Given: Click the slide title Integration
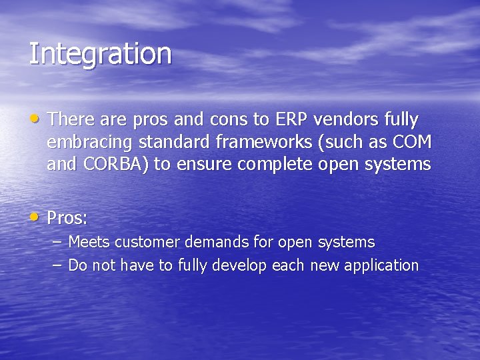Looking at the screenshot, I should coord(100,54).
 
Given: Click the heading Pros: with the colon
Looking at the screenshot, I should coord(67,218).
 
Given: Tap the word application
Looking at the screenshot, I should coord(380,265).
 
